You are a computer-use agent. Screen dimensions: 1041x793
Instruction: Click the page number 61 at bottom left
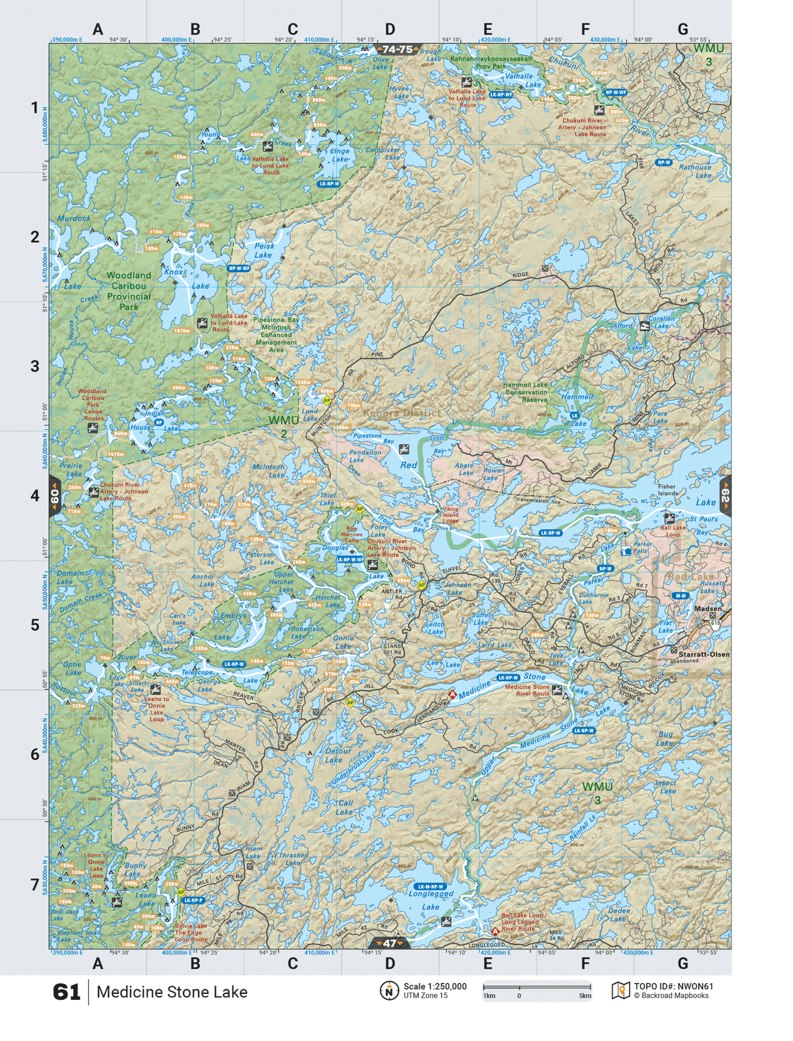tap(66, 992)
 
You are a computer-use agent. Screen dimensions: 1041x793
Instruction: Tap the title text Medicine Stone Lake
tap(172, 992)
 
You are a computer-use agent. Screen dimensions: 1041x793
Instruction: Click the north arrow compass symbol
tap(389, 991)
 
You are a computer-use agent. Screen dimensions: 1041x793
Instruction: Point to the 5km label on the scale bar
tap(585, 996)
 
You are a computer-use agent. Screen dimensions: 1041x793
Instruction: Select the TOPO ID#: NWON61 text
tap(673, 987)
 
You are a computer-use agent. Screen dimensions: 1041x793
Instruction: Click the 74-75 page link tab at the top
tap(398, 50)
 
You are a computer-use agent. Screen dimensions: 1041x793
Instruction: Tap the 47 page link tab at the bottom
tap(389, 943)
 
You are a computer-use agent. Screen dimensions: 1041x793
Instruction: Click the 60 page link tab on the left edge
tap(55, 496)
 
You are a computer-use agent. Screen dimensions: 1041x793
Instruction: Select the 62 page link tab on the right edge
tap(725, 496)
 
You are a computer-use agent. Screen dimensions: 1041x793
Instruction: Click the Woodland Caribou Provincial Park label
tap(129, 291)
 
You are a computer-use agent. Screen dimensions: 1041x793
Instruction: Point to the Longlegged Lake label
tap(431, 900)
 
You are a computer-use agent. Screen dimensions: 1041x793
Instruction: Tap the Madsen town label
tap(708, 608)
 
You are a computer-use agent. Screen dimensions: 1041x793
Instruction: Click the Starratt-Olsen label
tap(704, 654)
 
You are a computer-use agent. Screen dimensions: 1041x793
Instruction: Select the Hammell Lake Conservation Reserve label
tap(526, 392)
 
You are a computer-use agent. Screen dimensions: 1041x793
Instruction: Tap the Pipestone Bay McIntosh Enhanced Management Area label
tap(276, 335)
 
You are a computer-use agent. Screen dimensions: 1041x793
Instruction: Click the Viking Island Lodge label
tap(451, 515)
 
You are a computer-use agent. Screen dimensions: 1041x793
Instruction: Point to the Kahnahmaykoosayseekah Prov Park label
tap(491, 62)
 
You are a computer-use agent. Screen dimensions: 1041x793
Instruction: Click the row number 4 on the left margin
tap(35, 495)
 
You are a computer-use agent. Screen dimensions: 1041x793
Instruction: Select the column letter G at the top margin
tap(683, 29)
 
